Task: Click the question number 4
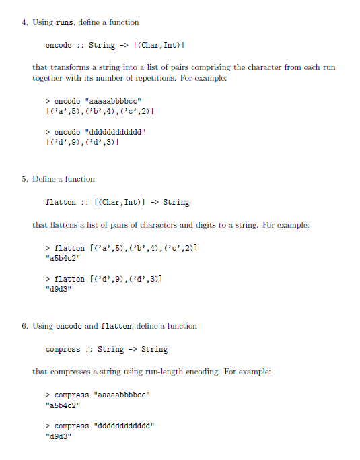24,22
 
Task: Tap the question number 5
24,179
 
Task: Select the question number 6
24,326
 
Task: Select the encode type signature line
115,46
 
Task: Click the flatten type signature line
117,202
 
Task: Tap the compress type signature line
106,349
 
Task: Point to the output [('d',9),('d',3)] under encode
83,142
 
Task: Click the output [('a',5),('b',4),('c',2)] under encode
102,111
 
